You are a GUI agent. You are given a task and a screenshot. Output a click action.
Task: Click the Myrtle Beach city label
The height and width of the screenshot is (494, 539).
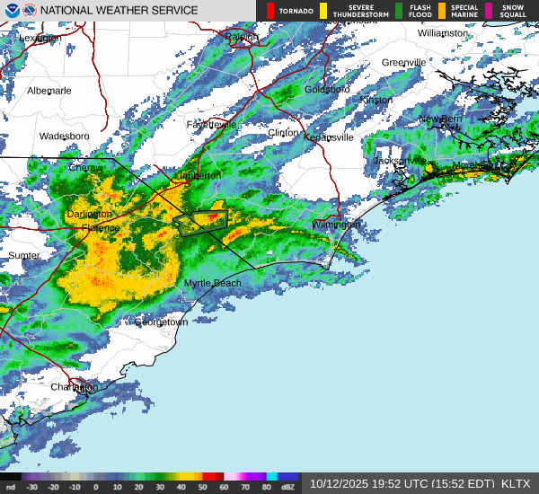[213, 283]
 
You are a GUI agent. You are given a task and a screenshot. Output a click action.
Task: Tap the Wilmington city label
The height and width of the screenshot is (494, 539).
[336, 224]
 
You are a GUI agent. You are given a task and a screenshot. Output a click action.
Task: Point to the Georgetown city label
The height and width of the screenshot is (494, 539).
[161, 322]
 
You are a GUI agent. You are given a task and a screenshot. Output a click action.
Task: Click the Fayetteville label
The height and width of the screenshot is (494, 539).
[211, 124]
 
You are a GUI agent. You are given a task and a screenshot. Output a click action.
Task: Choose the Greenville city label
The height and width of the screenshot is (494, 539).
[403, 62]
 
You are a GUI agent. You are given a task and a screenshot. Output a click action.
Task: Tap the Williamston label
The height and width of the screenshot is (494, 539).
[443, 32]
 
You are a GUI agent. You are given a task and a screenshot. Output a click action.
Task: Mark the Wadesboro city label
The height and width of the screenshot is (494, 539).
[64, 137]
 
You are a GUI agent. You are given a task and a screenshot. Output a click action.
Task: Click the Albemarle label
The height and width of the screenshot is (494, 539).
[49, 91]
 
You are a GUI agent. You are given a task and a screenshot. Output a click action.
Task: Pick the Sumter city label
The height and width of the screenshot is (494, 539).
[24, 255]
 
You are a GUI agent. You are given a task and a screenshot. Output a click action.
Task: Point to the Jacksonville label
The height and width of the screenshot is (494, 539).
[400, 160]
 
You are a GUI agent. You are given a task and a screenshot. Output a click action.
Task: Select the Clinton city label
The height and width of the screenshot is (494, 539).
[283, 132]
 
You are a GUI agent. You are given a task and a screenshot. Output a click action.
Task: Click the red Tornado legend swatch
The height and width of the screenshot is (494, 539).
[270, 11]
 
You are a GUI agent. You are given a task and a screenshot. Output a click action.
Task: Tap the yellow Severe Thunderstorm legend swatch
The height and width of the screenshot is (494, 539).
[323, 11]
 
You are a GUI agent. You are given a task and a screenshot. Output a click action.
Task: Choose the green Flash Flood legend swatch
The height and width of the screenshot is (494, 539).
[399, 11]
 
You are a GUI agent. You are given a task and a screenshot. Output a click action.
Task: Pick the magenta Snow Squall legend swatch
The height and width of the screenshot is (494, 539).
[489, 11]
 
